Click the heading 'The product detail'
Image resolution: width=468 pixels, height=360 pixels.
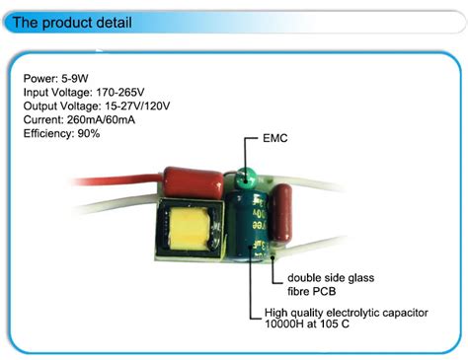[x=73, y=22]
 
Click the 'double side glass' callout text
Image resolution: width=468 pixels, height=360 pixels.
[x=332, y=278]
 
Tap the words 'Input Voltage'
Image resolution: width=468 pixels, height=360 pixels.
[x=52, y=91]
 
